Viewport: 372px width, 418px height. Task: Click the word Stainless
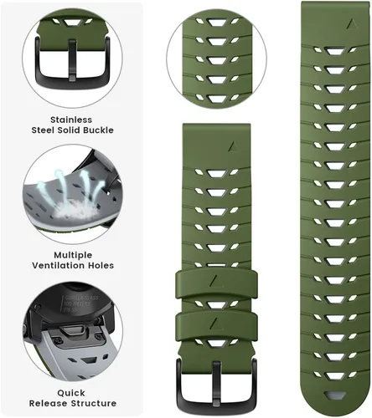[x=71, y=120]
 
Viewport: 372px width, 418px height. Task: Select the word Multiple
[x=73, y=256]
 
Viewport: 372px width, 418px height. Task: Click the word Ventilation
[x=59, y=265]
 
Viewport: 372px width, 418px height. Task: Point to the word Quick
[x=71, y=393]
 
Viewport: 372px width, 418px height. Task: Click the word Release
[x=48, y=403]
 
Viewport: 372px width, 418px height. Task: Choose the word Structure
[x=93, y=403]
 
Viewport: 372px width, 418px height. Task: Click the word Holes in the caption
[x=101, y=265]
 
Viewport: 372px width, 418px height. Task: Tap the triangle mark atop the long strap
[x=352, y=24]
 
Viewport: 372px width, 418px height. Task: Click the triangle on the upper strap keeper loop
[x=214, y=281]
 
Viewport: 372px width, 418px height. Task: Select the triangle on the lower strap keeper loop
[x=214, y=323]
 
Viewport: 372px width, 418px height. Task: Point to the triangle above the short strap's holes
[x=232, y=146]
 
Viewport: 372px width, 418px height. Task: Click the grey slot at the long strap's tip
[x=334, y=395]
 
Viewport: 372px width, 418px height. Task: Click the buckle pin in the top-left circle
[x=72, y=61]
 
